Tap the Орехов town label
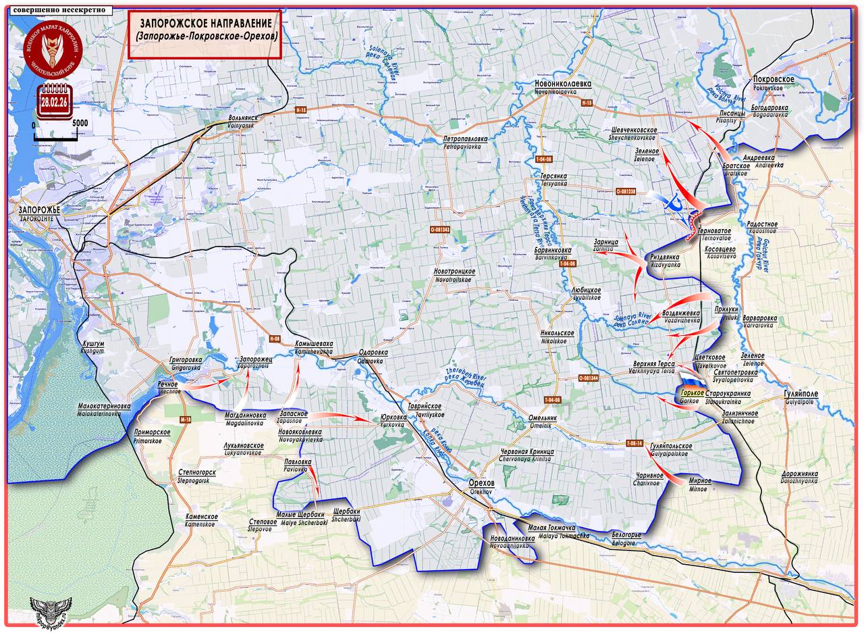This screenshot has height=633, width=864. (x=482, y=484)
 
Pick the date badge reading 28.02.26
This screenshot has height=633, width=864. (x=53, y=103)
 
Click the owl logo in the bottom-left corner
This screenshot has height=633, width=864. (x=52, y=611)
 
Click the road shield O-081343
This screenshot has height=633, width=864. (x=439, y=230)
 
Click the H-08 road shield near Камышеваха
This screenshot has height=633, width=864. (x=274, y=338)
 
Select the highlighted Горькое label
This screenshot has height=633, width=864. (x=691, y=393)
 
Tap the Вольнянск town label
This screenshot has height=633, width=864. (x=242, y=118)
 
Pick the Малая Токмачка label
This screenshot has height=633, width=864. (x=551, y=527)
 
